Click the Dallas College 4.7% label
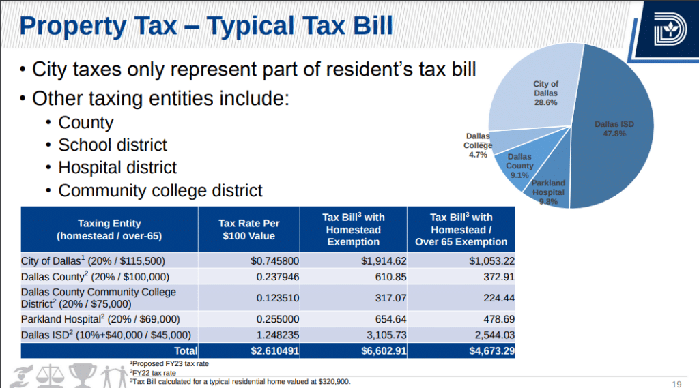[478, 145]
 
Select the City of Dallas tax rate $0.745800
[275, 261]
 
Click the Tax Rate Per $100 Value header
[248, 230]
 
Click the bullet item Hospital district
[117, 168]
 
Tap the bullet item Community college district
[160, 190]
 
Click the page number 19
[677, 382]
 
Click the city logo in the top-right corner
[666, 31]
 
